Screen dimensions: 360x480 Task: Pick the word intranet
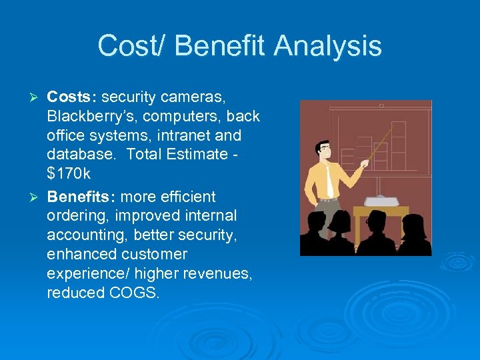coord(187,136)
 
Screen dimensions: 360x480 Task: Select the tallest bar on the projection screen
coord(398,143)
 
